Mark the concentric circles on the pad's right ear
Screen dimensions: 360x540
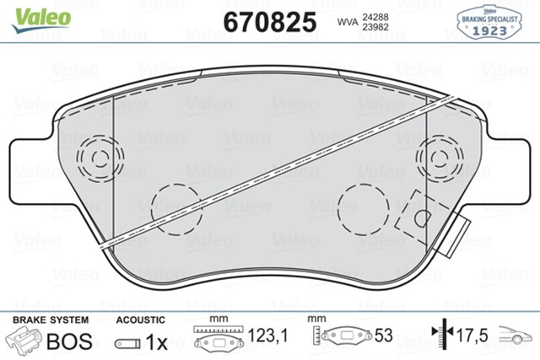coord(438,157)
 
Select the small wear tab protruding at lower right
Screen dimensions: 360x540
coord(461,232)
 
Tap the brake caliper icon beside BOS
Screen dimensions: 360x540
coord(25,341)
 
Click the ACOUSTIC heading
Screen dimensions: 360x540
coord(139,320)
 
